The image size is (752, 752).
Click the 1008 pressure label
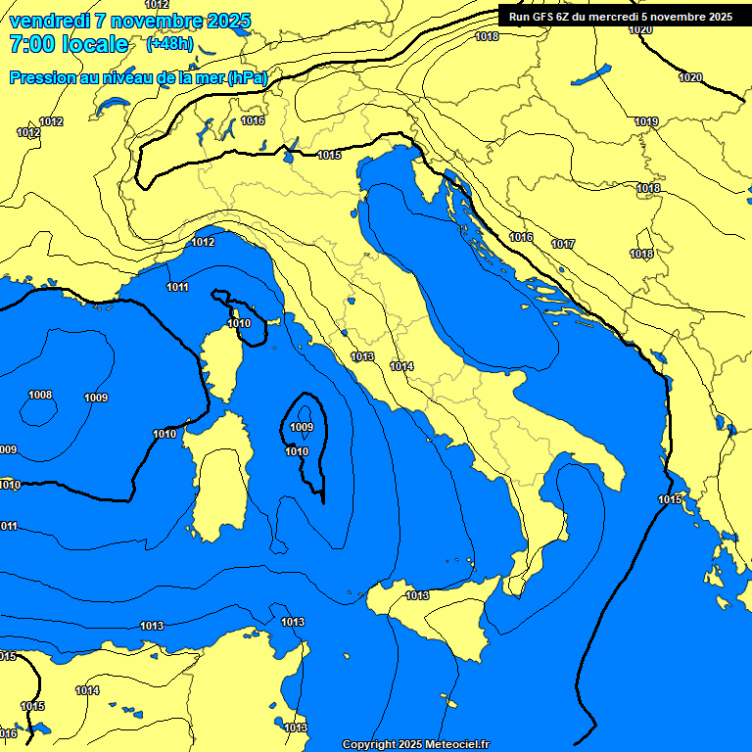40,395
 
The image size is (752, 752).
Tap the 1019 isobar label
645,121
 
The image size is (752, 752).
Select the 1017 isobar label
563,244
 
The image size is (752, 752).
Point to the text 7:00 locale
69,44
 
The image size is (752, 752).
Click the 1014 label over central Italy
401,366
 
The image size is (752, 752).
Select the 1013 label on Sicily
418,595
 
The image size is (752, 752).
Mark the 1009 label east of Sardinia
302,427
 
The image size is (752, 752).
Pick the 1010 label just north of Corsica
239,323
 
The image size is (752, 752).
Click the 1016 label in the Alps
253,120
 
